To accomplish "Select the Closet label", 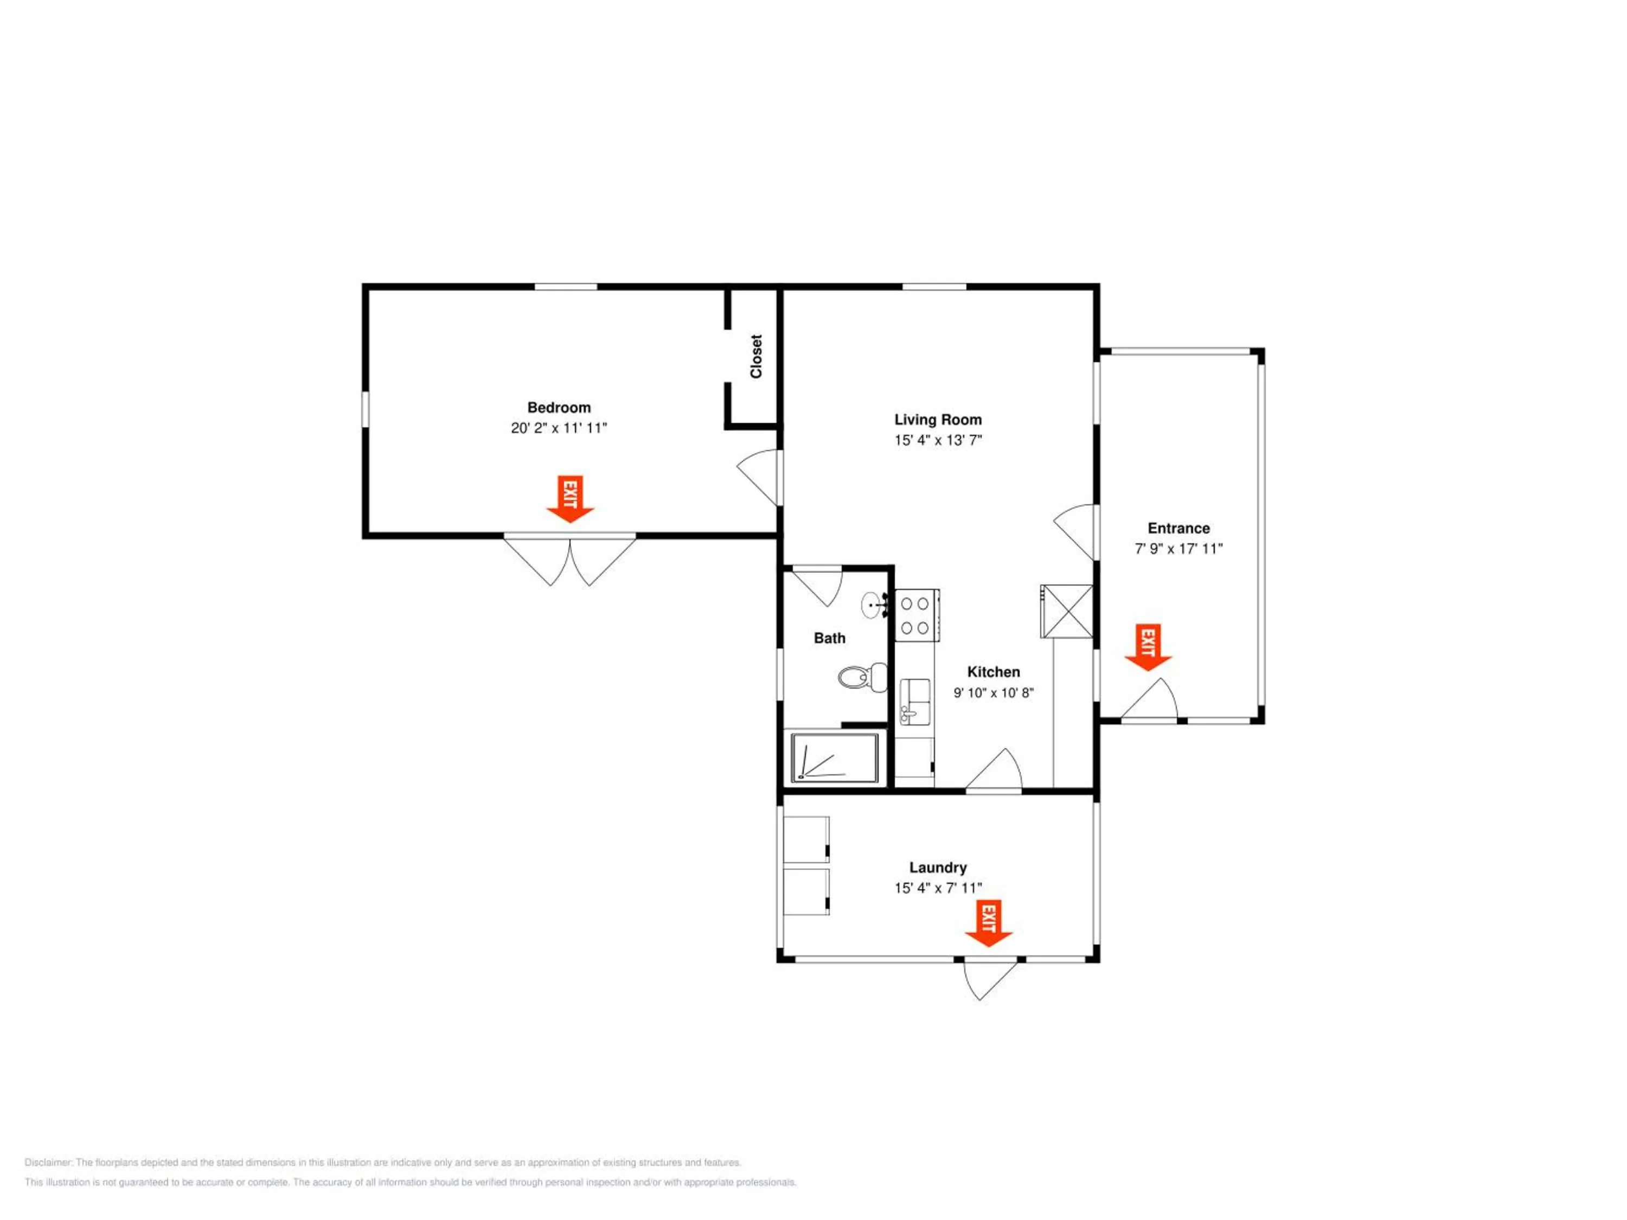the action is tap(756, 357).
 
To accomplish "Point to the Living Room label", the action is tap(938, 419).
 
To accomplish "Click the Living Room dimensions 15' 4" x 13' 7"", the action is tap(938, 440).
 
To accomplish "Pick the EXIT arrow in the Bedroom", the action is tap(570, 499).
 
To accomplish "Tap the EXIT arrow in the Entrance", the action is tap(1148, 647).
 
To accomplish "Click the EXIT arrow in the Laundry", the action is tap(989, 923).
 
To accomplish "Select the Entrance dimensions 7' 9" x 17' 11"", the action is tap(1178, 549).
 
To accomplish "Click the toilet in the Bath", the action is tap(863, 677).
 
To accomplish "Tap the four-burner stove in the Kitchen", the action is tap(917, 615).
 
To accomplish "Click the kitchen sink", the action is tap(915, 702).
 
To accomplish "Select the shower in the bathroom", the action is tap(834, 757).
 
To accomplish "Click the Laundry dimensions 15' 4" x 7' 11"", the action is tap(938, 888).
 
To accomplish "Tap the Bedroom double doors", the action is tap(570, 560).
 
